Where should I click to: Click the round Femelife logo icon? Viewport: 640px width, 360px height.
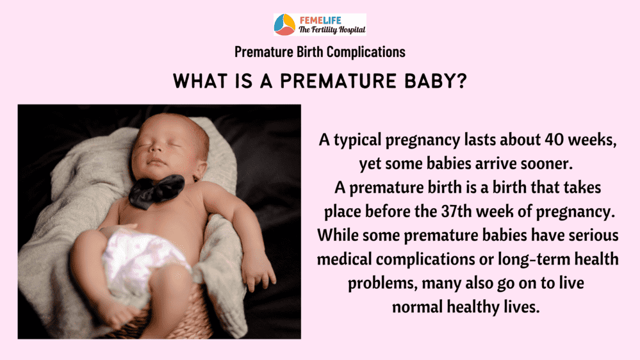click(284, 24)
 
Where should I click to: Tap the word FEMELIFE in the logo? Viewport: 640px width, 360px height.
click(320, 20)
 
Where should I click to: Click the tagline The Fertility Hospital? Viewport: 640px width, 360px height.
click(332, 30)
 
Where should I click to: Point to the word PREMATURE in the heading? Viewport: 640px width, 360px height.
click(338, 81)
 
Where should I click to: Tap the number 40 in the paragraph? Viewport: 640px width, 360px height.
click(554, 140)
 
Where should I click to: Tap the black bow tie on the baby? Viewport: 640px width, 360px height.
click(156, 191)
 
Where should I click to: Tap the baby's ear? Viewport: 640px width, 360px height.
click(201, 170)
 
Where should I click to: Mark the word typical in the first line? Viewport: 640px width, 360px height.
click(357, 140)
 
